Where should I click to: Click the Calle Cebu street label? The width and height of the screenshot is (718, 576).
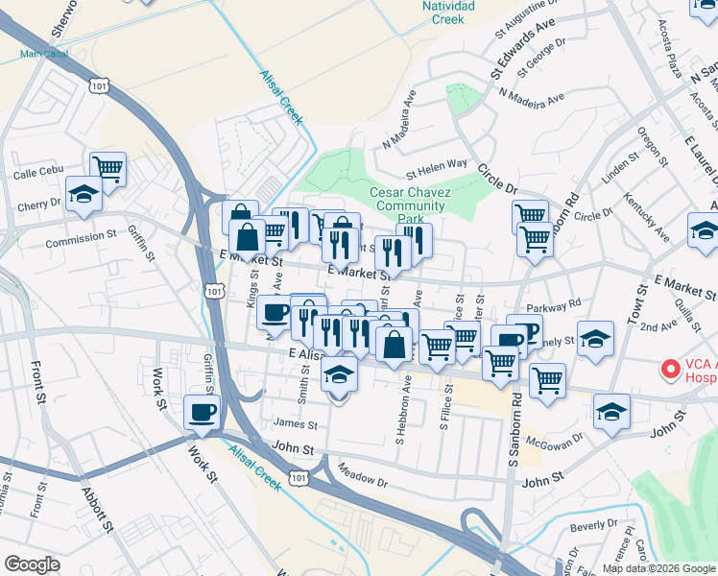(37, 175)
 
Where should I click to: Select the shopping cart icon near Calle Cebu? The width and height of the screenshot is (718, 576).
(108, 169)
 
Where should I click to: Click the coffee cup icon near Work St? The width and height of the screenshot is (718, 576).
(202, 412)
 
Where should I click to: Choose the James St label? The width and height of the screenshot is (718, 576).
(295, 423)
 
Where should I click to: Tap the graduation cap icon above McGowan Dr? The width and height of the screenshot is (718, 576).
(611, 412)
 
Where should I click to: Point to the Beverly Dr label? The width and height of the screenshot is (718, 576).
(593, 526)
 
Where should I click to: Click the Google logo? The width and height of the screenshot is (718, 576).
(32, 564)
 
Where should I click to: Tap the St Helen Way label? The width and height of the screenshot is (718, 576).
(436, 174)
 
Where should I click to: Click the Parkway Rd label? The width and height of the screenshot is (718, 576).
(561, 303)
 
